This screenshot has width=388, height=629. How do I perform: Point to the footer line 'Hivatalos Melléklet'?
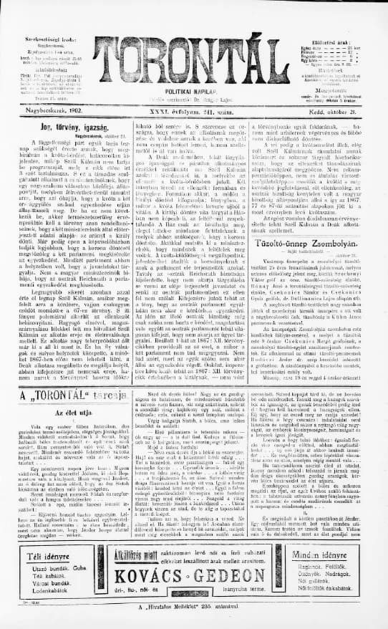(x=193, y=607)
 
